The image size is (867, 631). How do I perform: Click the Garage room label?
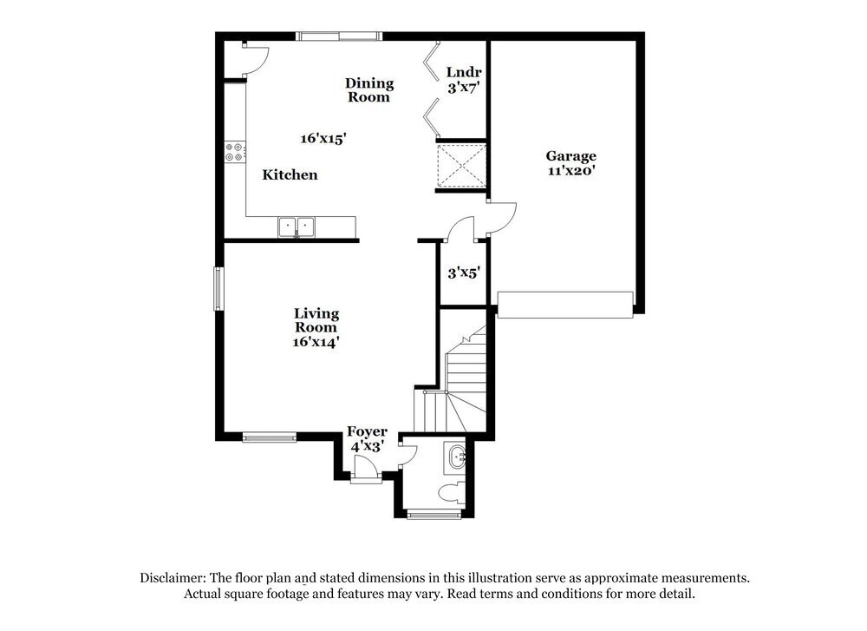[x=570, y=156]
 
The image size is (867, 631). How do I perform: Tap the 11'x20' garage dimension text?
[x=570, y=171]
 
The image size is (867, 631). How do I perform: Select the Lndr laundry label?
[x=464, y=72]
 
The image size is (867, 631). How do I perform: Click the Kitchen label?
[x=290, y=174]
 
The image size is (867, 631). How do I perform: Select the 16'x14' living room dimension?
[x=316, y=342]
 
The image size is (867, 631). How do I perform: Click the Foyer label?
[x=367, y=431]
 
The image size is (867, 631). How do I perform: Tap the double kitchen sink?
[x=297, y=227]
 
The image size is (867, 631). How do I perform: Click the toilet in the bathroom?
[x=452, y=494]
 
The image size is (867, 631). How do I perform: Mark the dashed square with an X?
[x=460, y=165]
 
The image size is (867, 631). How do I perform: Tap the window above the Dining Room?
[x=338, y=36]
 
